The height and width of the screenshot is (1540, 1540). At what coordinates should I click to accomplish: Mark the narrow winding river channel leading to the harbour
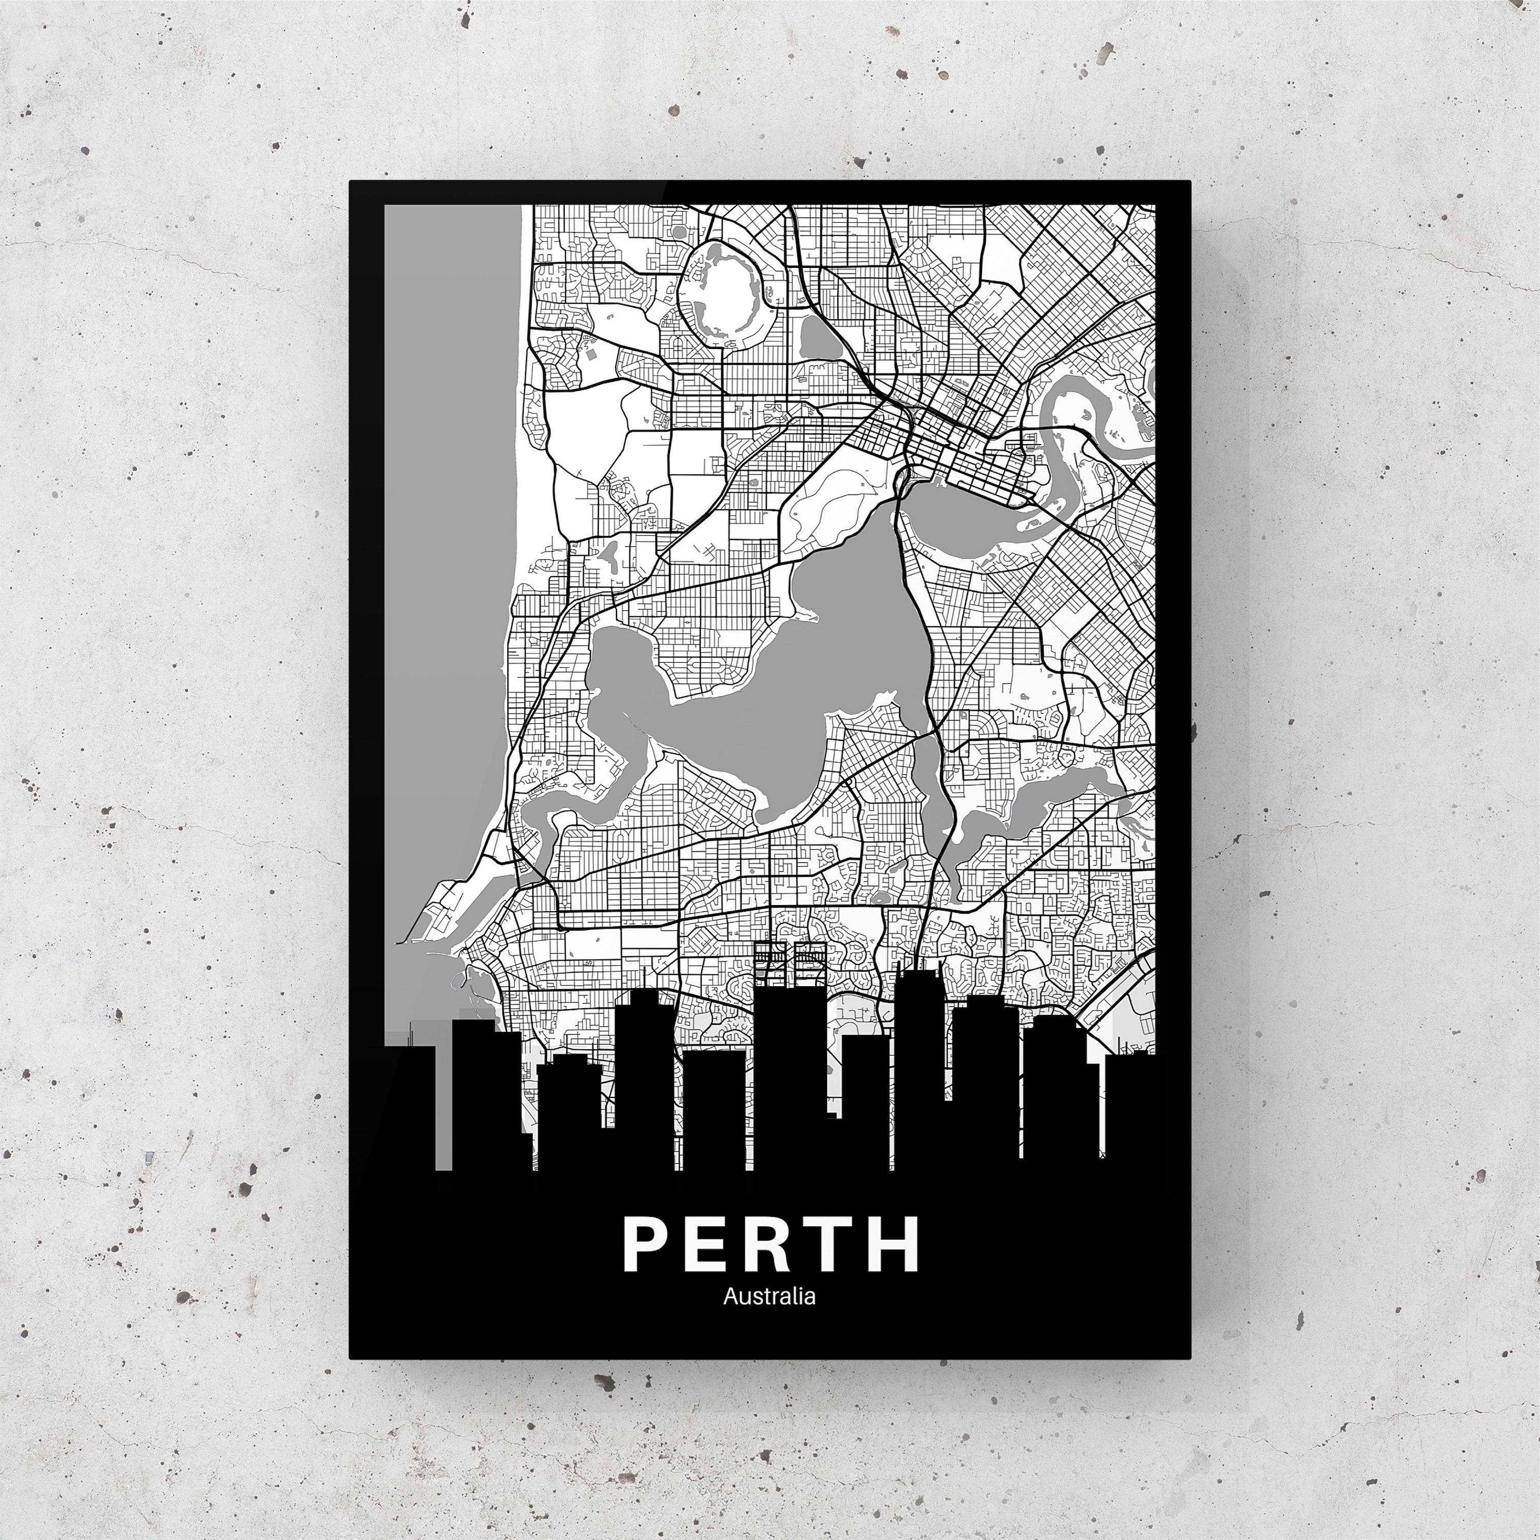coord(558,813)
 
